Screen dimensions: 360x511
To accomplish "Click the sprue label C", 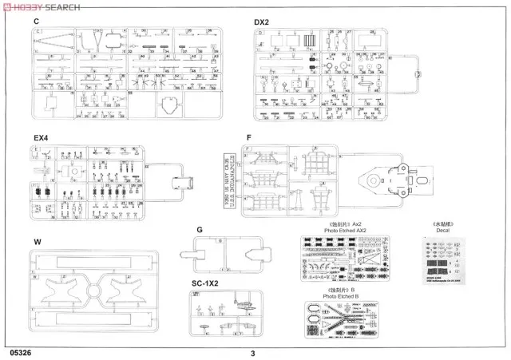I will (x=37, y=20).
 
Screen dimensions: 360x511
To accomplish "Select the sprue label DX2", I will (x=265, y=20).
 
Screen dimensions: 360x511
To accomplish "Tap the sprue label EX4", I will (x=41, y=137).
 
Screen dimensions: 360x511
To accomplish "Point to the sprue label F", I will (x=249, y=137).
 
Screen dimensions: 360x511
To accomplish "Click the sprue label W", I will (x=37, y=241).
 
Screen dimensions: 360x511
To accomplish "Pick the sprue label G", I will (x=199, y=231).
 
